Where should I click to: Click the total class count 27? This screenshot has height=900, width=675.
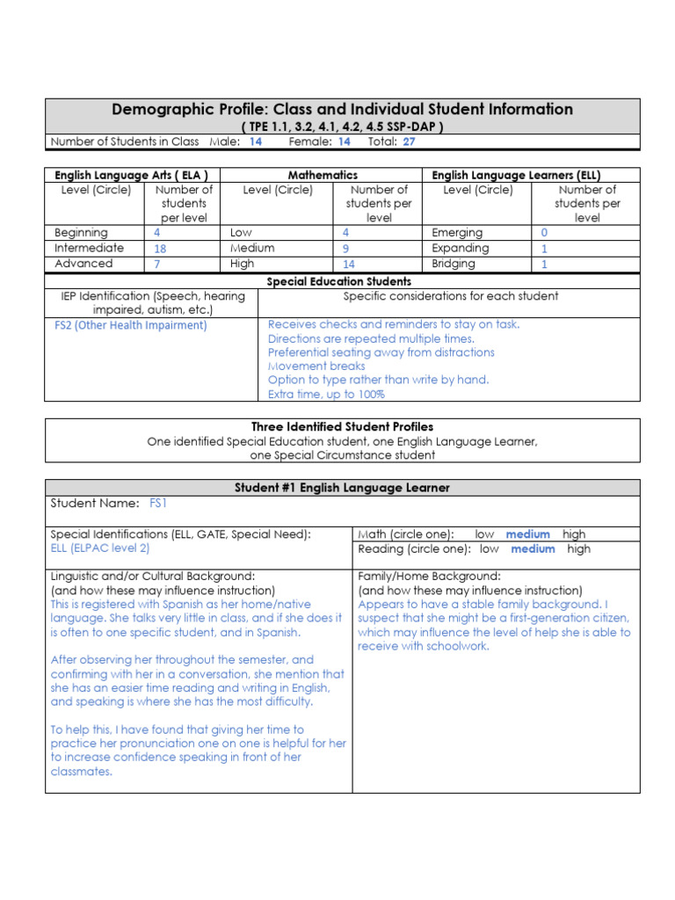point(409,142)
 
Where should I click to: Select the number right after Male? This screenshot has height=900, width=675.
point(255,142)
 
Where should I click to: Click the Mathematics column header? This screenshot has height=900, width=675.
point(323,176)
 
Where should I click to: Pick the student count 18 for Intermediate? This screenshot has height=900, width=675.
point(160,249)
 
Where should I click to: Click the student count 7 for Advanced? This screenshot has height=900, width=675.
point(157,264)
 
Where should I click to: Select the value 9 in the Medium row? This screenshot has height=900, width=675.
point(345,249)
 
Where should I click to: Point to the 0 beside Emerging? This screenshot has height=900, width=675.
point(544,233)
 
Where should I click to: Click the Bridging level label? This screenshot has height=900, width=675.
point(454,264)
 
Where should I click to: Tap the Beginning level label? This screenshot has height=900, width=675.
point(81,233)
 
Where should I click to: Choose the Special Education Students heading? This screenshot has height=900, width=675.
point(338,281)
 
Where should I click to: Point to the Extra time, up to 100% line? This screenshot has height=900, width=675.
point(326,395)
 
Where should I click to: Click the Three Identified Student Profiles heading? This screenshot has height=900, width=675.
point(343,427)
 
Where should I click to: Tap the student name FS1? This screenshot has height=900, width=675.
point(158,504)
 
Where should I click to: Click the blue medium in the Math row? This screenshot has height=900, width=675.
point(527,534)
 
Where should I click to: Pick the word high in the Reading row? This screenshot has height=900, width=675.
point(578,549)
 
